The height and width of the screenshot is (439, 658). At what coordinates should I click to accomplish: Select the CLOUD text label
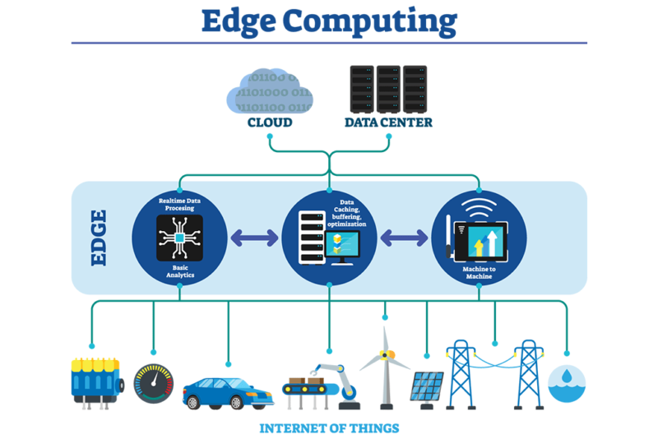tap(270, 122)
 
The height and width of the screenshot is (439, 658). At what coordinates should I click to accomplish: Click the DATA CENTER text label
tap(388, 122)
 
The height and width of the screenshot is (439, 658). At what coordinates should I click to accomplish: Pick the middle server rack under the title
tap(388, 89)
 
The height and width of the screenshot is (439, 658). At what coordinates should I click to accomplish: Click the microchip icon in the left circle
tap(179, 238)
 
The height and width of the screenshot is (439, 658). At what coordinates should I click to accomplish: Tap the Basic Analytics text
tap(179, 272)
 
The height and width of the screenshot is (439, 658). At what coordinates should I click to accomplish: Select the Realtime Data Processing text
tap(180, 204)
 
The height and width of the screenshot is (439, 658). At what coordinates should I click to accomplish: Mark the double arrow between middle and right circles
tap(404, 238)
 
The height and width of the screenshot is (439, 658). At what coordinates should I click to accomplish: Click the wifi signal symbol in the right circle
tap(479, 206)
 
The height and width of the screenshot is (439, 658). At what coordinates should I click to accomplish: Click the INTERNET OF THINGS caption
tap(329, 428)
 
